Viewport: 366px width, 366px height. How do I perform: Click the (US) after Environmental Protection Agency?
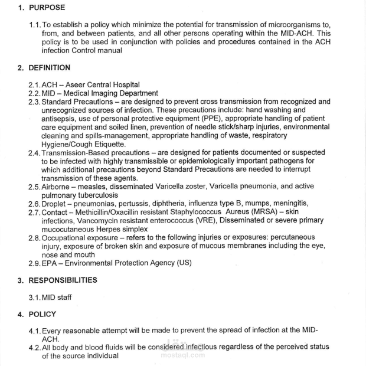click(183, 263)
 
